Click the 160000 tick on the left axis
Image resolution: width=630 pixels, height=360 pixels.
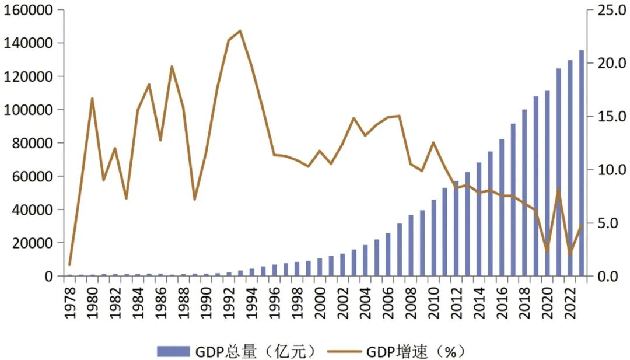tap(27, 10)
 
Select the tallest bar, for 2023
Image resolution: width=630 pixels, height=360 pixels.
tap(582, 163)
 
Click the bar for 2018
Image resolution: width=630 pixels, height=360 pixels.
tap(524, 193)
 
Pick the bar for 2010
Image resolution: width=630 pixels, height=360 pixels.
tap(433, 238)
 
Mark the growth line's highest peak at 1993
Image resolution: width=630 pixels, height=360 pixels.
tap(240, 30)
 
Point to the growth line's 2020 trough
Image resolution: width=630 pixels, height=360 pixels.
tap(547, 251)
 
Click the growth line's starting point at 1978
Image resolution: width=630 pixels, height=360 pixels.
tap(69, 265)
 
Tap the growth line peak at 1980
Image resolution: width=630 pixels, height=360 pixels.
tap(92, 98)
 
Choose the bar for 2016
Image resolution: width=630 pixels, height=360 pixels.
tap(502, 208)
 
